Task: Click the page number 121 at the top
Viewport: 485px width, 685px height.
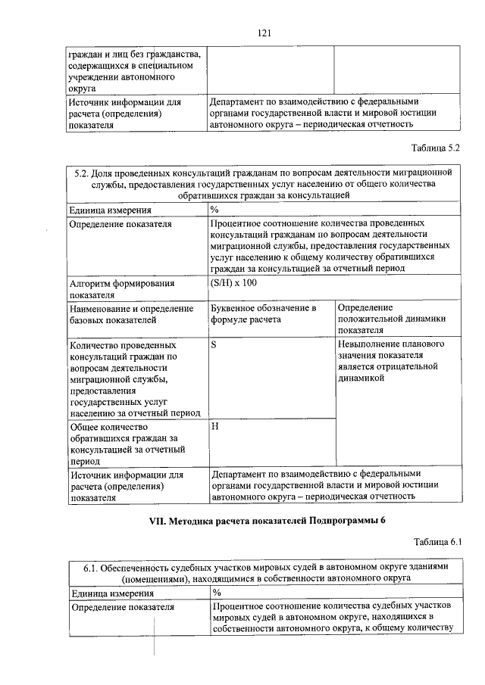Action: coord(264,33)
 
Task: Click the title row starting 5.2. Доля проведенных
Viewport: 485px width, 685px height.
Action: coord(264,185)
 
